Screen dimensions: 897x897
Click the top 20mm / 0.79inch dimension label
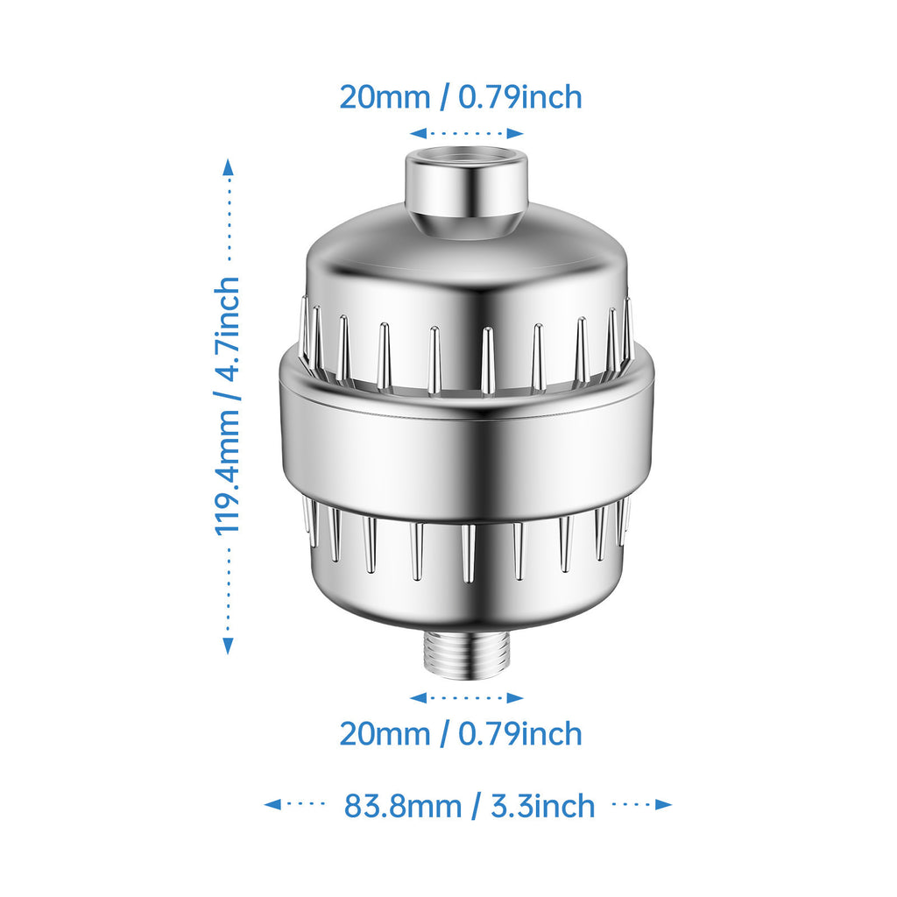(x=461, y=96)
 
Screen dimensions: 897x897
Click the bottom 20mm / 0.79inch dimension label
(x=461, y=733)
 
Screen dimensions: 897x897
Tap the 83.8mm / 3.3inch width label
(x=470, y=806)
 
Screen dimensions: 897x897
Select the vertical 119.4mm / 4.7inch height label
(x=227, y=406)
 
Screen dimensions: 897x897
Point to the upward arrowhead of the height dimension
(x=229, y=166)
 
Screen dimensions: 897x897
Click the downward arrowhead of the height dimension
(x=229, y=646)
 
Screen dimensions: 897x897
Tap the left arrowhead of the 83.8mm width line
(x=272, y=804)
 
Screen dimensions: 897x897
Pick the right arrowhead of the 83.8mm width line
(x=664, y=804)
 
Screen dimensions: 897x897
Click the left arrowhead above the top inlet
(x=418, y=133)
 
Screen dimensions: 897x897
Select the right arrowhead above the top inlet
(x=515, y=133)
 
